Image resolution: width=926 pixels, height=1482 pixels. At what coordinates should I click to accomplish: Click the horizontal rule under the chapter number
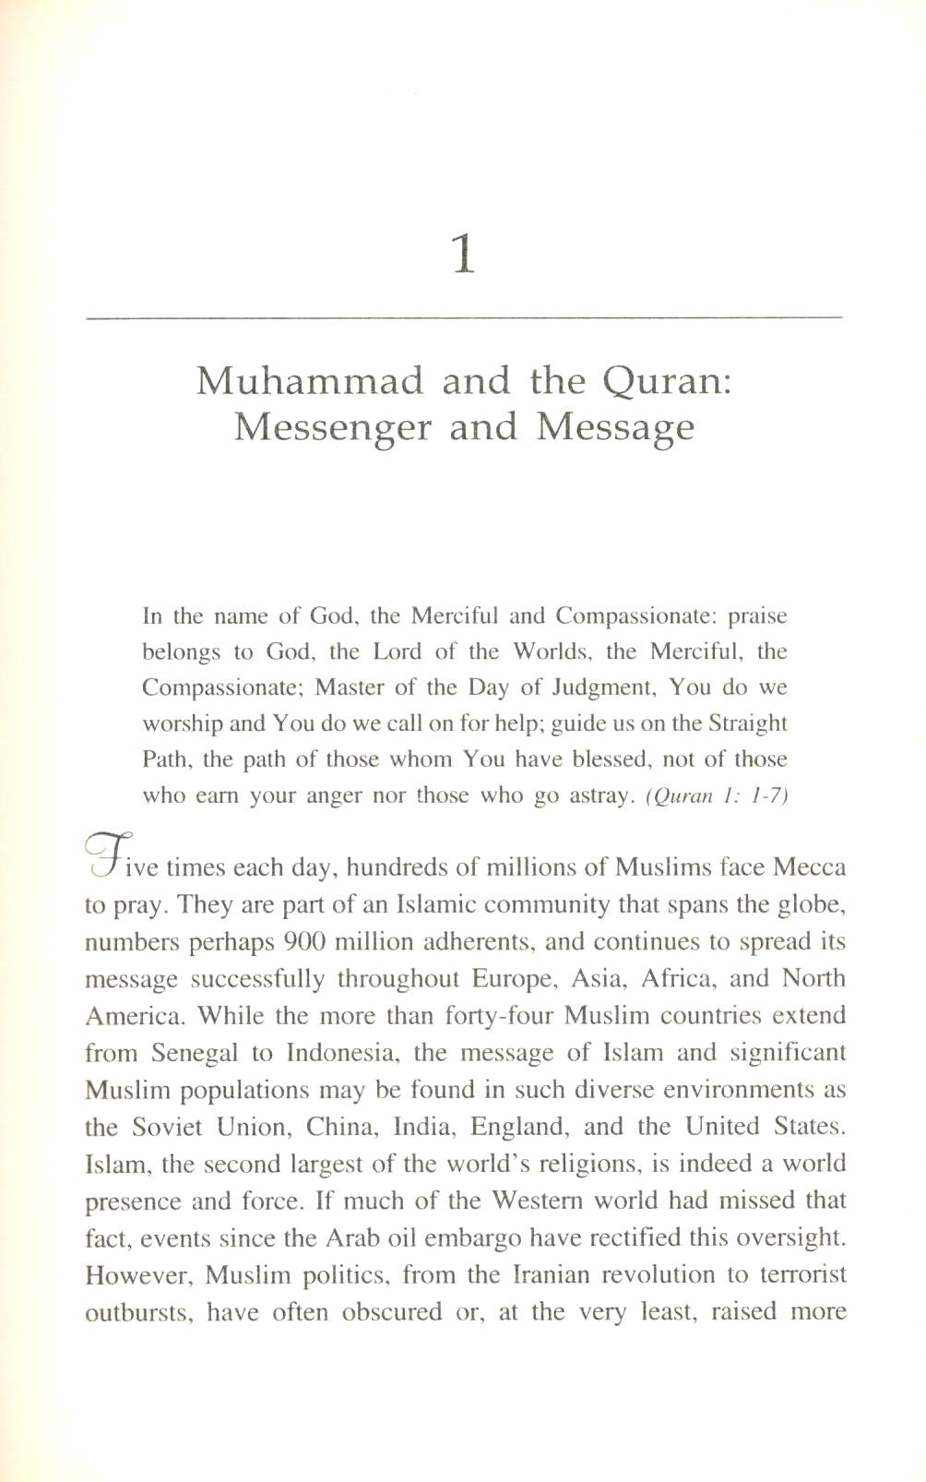(x=463, y=318)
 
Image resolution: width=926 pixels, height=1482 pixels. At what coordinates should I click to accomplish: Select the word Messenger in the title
(x=332, y=427)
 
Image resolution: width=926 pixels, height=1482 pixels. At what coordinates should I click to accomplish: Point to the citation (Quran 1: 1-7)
(x=717, y=796)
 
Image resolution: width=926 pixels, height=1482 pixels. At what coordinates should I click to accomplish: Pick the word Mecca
(x=809, y=868)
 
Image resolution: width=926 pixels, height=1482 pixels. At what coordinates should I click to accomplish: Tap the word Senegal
(x=195, y=1053)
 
